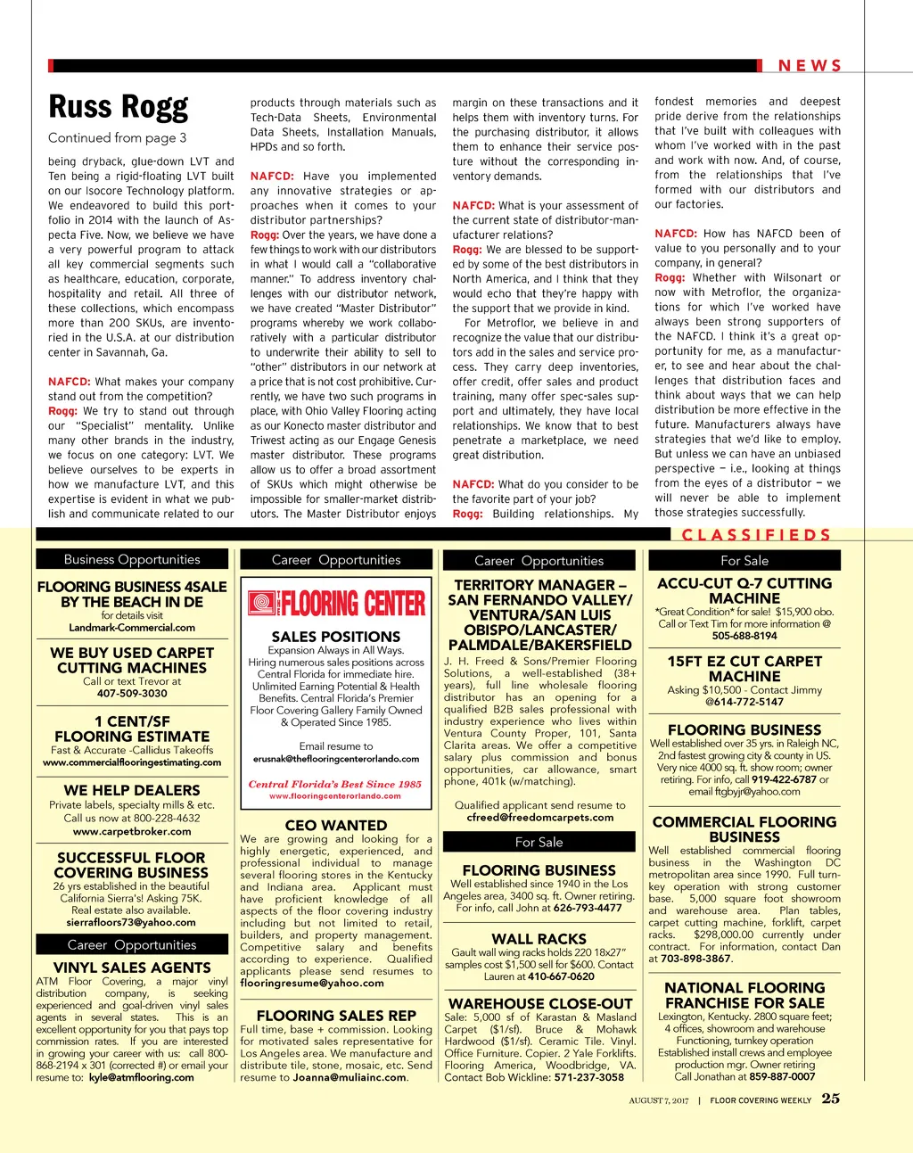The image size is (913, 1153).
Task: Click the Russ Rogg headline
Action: (119, 107)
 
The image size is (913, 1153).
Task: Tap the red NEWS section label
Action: (810, 66)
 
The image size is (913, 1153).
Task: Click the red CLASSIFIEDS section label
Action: (756, 535)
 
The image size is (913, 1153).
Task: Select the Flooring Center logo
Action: (336, 604)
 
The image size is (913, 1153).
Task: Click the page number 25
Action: (831, 1099)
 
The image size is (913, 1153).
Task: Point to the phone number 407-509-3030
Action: (132, 693)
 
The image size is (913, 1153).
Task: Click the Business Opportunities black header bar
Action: (132, 559)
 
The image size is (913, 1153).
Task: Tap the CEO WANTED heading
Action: (336, 826)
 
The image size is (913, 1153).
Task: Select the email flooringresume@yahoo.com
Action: (312, 983)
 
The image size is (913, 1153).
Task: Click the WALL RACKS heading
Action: (539, 939)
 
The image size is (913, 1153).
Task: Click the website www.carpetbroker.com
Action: (132, 831)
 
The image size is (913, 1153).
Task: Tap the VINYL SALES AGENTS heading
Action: (132, 968)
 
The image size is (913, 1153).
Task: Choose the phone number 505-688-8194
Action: (744, 636)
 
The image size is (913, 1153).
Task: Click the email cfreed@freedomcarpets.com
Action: (540, 817)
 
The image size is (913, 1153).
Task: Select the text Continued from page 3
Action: (118, 137)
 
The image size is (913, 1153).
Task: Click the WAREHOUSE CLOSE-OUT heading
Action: (540, 1003)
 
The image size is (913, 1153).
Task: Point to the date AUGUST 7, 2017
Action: (659, 1100)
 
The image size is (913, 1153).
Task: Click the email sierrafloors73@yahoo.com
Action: (131, 923)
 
